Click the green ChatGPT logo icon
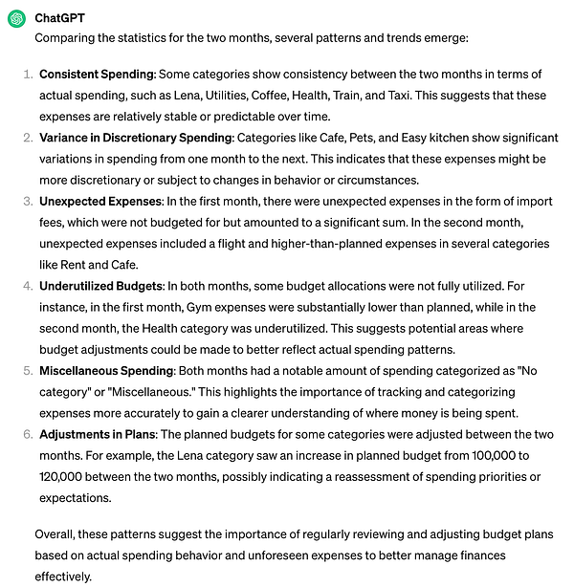16,18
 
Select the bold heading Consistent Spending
97,74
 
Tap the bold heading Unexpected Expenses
100,202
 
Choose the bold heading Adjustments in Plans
99,434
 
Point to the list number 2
29,138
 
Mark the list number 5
29,371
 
